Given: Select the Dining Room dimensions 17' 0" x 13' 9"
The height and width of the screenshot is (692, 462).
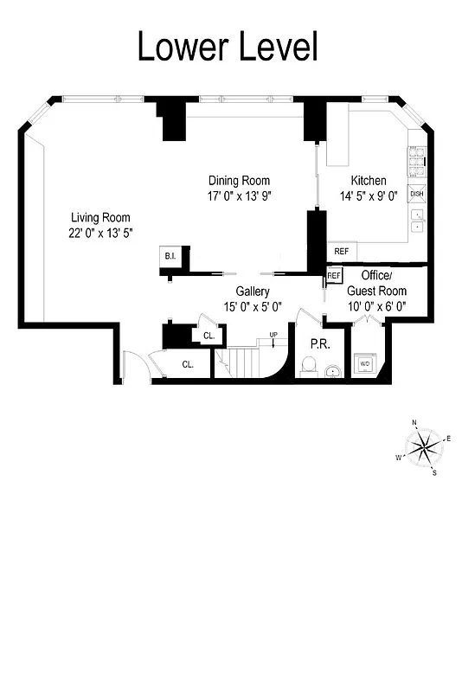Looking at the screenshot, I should click(x=239, y=195).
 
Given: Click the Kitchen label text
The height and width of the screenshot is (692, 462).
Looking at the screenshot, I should click(x=369, y=181).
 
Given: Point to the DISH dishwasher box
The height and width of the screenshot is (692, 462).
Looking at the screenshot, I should click(x=417, y=195).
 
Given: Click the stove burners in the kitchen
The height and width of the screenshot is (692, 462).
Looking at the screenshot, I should click(x=416, y=159).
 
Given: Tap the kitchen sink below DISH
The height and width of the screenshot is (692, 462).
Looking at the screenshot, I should click(x=417, y=220).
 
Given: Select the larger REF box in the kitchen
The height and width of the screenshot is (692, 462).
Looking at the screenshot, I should click(x=341, y=251).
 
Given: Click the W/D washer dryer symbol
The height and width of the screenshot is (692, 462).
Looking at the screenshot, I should click(x=364, y=364).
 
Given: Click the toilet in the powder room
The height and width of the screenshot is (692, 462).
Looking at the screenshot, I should click(x=307, y=368).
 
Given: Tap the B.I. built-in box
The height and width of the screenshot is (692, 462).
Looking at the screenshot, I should click(x=170, y=256).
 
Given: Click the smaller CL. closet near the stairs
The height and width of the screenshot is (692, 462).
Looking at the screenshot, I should click(x=209, y=336).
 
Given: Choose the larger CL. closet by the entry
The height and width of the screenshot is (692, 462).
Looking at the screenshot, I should click(x=188, y=364).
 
